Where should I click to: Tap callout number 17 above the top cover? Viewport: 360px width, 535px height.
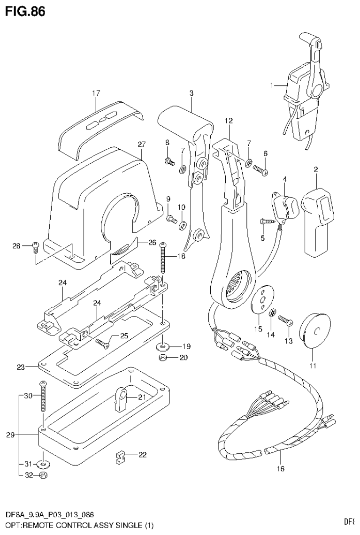[96, 93]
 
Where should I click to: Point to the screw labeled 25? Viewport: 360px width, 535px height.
[101, 343]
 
